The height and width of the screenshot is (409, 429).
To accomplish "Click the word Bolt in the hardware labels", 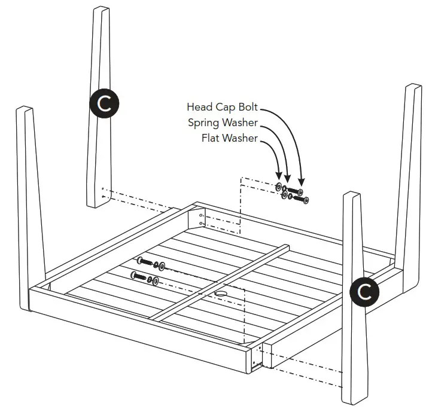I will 247,107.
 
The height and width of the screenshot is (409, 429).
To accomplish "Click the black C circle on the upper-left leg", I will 104,104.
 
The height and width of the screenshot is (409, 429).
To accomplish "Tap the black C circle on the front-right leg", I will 364,292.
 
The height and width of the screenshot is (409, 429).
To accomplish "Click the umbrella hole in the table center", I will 220,294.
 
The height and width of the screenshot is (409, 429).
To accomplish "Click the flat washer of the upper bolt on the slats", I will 163,265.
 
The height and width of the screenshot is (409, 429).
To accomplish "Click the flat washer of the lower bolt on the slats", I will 156,280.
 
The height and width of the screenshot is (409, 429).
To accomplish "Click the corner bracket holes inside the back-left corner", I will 200,218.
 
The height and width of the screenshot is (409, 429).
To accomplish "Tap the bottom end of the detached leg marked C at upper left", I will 97,202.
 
